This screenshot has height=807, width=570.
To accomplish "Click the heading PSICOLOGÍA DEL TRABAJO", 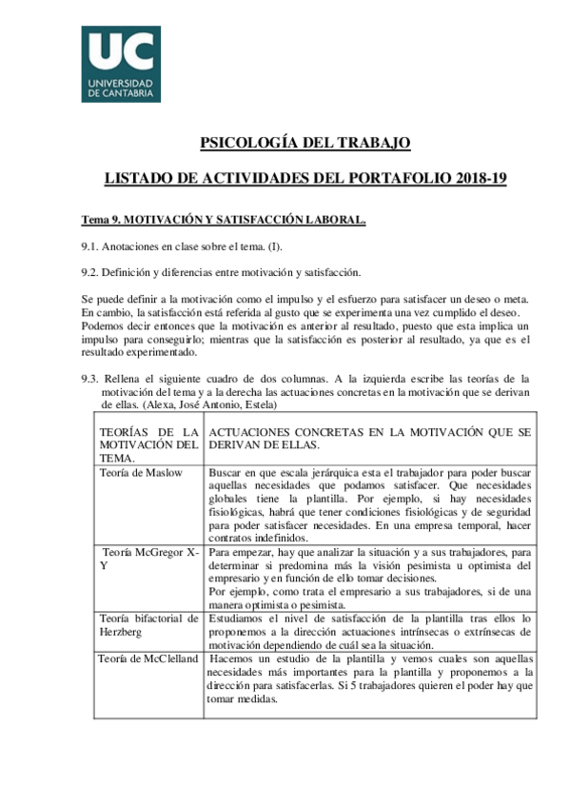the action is pos(305,143).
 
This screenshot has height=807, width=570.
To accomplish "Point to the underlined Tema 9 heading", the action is pos(223,221).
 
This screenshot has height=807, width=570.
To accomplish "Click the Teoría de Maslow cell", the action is pos(141,473).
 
